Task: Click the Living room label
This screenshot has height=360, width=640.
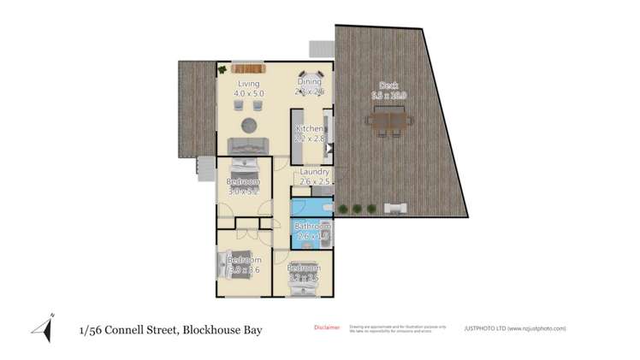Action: tap(248, 84)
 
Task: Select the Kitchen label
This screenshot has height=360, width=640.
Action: tap(311, 129)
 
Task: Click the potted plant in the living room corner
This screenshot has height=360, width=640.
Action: tap(221, 69)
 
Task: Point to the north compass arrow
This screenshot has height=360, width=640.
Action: tap(43, 328)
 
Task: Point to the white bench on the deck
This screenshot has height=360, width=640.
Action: tap(396, 207)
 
